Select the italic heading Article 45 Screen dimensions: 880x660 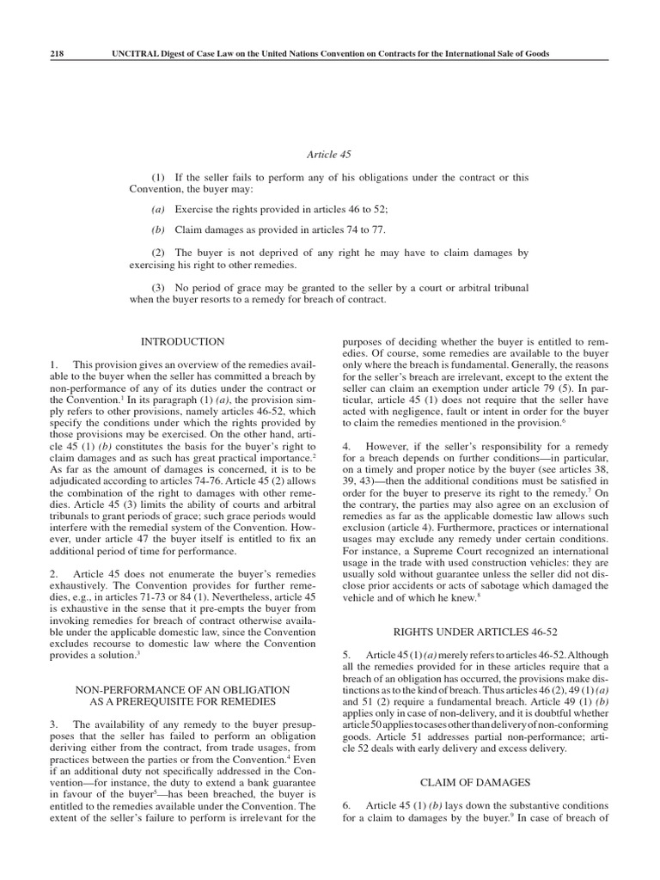330,155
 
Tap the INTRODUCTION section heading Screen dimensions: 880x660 182,341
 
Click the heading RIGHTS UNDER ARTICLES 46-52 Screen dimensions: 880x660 475,632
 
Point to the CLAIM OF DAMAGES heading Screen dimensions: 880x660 475,783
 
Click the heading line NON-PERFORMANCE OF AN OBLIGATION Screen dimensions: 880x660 182,689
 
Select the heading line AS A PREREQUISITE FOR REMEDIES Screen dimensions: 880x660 182,702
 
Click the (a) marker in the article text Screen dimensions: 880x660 158,209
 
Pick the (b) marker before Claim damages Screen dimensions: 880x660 158,230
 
